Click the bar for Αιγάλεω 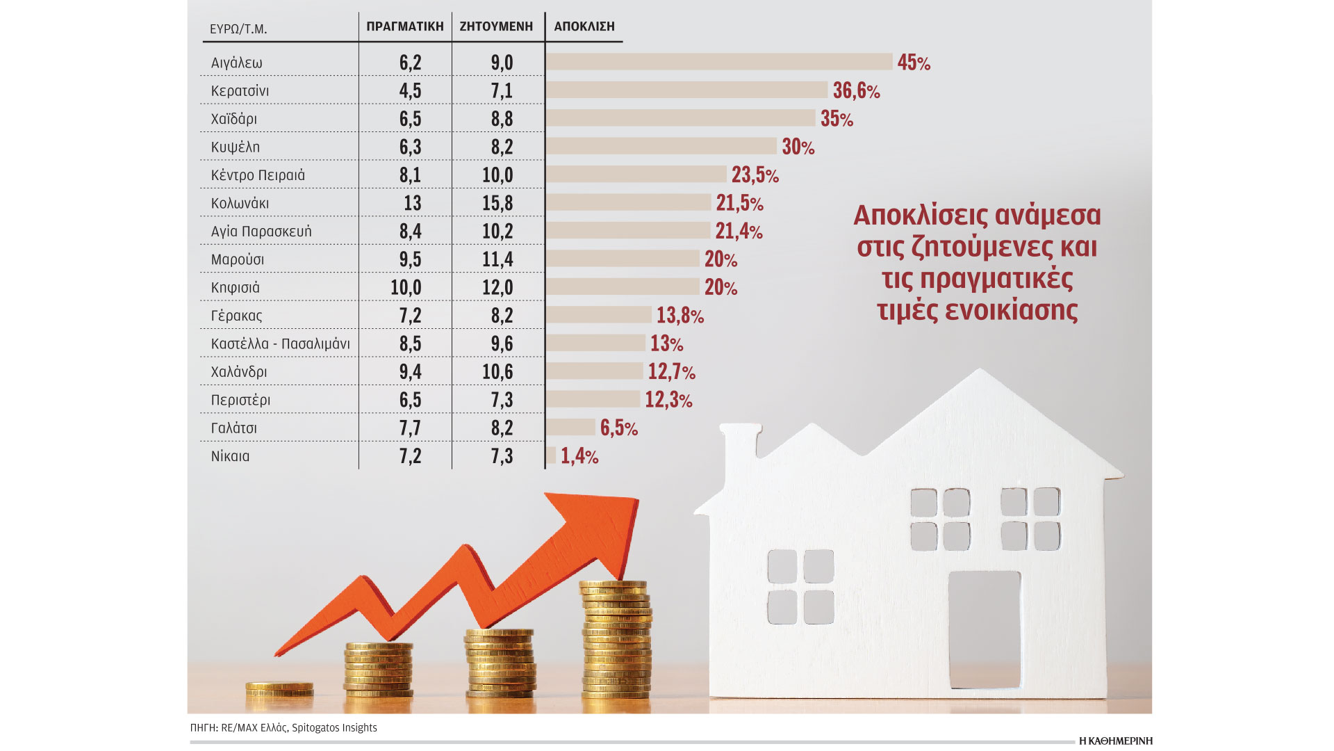(x=718, y=62)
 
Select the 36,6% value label (x=856, y=90)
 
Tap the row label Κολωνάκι (x=240, y=204)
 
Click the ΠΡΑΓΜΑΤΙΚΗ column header (x=404, y=26)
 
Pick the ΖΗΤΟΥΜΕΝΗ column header (x=496, y=26)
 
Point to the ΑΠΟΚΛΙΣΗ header (x=584, y=26)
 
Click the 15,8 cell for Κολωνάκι (x=497, y=203)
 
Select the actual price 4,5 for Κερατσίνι (x=410, y=91)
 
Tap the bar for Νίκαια (x=551, y=455)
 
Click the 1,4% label (x=579, y=456)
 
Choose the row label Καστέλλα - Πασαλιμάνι (x=280, y=344)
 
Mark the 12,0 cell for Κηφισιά (x=497, y=287)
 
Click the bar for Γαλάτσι (x=570, y=427)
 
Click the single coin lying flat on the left (x=279, y=688)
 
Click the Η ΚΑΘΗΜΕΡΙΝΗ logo (x=1115, y=741)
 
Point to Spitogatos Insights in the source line (x=334, y=728)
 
